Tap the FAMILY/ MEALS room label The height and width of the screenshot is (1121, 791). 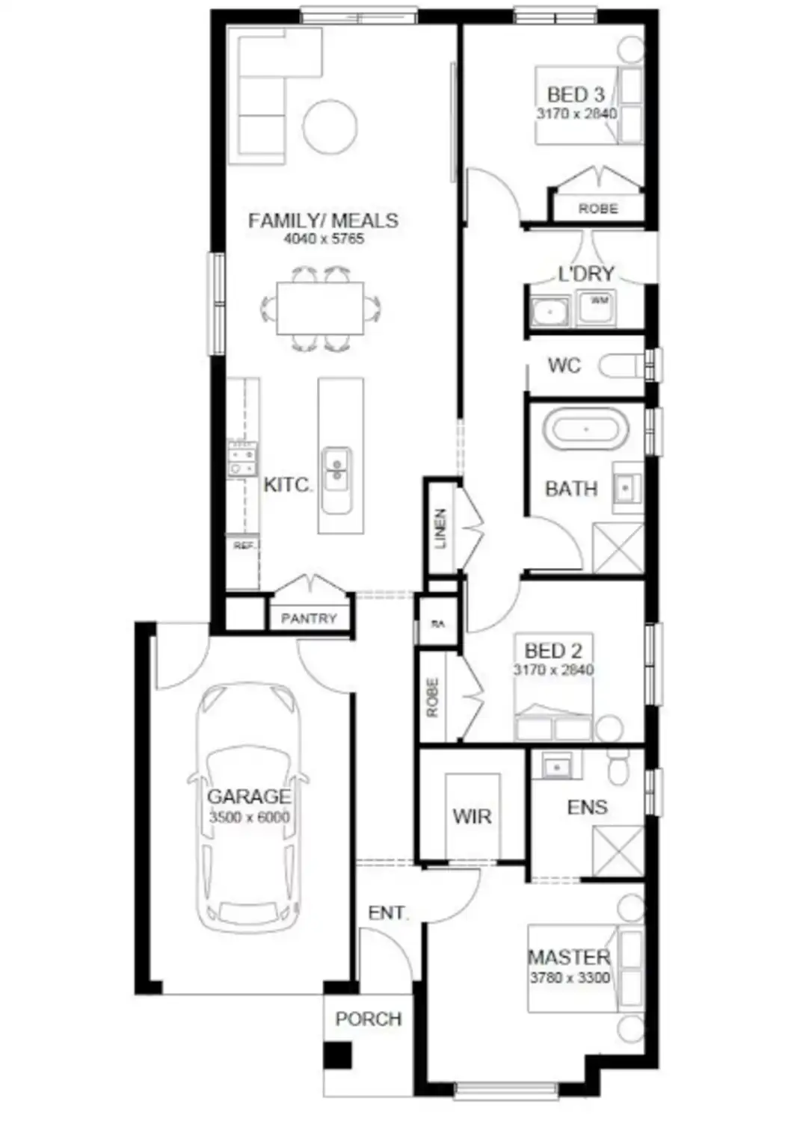click(323, 221)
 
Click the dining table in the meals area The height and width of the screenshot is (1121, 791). click(320, 308)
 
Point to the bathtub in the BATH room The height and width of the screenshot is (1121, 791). click(586, 430)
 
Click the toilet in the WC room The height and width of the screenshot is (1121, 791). click(622, 366)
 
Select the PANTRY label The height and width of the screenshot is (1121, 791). click(309, 619)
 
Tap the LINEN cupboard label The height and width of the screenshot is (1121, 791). click(440, 528)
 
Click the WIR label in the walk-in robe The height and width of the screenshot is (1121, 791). click(472, 817)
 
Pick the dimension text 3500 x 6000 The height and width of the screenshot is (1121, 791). click(249, 818)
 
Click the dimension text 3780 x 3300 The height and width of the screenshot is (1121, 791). click(570, 978)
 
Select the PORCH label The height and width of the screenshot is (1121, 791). click(368, 1019)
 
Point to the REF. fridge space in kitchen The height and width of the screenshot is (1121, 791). click(243, 546)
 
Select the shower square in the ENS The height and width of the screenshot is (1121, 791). click(618, 851)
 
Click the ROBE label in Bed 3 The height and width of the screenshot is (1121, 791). click(598, 209)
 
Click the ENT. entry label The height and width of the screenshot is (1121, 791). click(387, 912)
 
